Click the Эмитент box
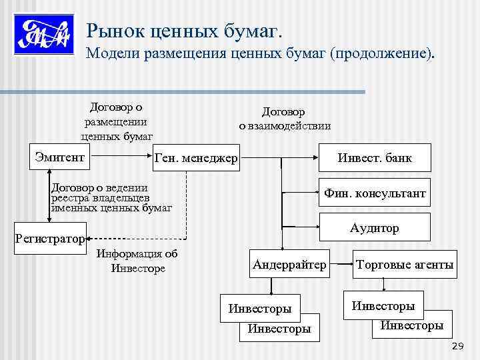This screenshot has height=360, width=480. coord(59,157)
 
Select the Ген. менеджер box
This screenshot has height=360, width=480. coord(195,159)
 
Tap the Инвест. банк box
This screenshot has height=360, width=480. coord(375,158)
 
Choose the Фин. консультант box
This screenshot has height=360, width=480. coord(375,193)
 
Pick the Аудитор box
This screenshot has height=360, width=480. coord(375,228)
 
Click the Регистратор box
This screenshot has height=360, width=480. coord(50,238)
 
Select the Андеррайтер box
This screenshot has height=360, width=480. coord(289,265)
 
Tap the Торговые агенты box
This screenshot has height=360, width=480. coord(405,265)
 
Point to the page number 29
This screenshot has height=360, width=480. coord(457,345)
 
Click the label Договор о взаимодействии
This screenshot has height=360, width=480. coord(285,119)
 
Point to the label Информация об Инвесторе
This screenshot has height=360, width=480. coord(137,261)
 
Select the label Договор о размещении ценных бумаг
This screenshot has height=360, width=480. coord(117,121)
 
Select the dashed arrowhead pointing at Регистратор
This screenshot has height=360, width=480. coord(91,237)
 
